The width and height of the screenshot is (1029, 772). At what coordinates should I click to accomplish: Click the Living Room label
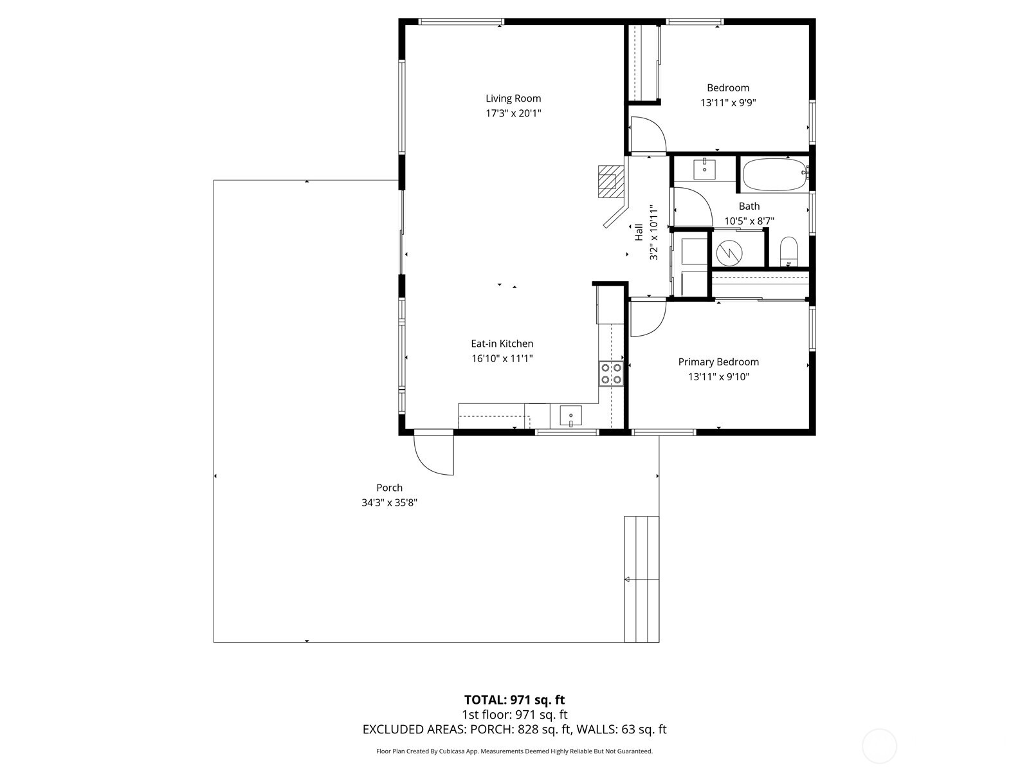[513, 98]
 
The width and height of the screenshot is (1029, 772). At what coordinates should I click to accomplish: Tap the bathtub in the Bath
[774, 176]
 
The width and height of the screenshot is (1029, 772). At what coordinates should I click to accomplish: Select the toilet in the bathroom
[788, 251]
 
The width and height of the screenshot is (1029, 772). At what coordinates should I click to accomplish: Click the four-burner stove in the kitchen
[611, 374]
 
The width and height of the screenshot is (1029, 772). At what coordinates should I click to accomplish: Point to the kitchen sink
[570, 416]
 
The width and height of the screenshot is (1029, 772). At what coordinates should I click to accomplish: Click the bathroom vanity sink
[705, 169]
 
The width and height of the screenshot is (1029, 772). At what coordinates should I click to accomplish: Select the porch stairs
[641, 579]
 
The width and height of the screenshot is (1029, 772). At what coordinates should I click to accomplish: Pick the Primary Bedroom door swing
[646, 318]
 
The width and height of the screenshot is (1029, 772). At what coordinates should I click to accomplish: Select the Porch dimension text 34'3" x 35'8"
[389, 503]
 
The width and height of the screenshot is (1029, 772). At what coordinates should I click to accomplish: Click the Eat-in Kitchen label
[502, 344]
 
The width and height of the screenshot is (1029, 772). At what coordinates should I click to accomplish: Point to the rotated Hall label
[639, 232]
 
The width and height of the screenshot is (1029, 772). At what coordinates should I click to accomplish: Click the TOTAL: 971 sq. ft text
[514, 699]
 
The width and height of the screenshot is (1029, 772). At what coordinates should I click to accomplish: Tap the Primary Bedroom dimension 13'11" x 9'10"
[718, 377]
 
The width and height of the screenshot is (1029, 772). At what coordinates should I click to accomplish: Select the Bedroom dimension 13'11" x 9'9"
[727, 103]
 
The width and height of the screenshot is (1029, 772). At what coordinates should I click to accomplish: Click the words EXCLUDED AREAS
[414, 730]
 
